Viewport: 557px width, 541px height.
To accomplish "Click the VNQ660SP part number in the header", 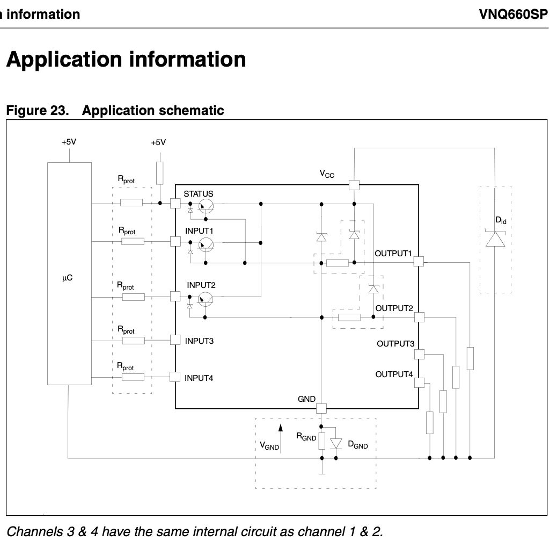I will [x=514, y=14].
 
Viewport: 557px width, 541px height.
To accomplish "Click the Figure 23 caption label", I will [x=38, y=111].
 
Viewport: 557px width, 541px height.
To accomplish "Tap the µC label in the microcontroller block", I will [x=67, y=279].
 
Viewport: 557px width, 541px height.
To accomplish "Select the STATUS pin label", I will [x=199, y=194].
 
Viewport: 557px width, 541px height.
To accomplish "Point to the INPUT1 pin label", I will [x=200, y=231].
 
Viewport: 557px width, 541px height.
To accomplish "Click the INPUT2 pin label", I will [x=201, y=285].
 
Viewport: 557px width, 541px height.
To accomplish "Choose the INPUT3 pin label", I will [x=199, y=341].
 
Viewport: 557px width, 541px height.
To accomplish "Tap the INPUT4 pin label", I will [x=199, y=378].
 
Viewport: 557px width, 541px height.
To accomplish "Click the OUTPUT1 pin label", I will [x=393, y=253].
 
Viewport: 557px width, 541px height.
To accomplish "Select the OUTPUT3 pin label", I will [x=395, y=344].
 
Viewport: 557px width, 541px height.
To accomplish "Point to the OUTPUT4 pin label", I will [x=394, y=374].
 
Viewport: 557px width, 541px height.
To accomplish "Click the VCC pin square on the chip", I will [x=354, y=185].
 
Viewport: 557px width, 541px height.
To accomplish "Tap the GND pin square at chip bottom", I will [x=321, y=408].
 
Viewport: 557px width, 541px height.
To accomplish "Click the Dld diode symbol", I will [x=495, y=239].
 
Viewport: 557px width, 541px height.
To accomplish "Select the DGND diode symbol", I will [x=336, y=443].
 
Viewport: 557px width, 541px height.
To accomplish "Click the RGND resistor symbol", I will [x=321, y=441].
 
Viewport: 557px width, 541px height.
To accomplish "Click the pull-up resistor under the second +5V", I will [x=159, y=174].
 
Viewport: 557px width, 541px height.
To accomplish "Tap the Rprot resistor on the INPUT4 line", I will [x=133, y=377].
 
